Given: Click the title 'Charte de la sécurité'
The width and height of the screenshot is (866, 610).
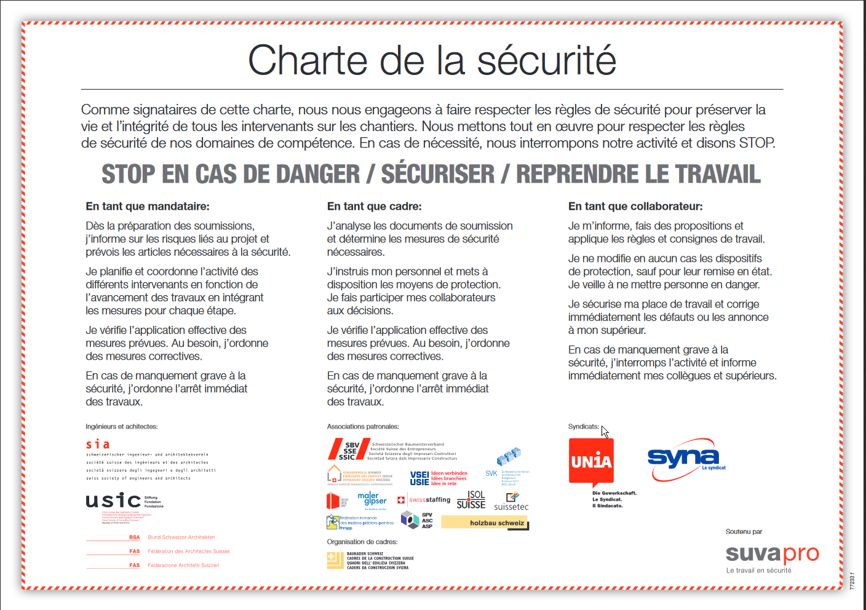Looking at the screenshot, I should (432, 60).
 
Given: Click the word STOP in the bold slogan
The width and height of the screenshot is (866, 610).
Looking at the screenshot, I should (128, 174).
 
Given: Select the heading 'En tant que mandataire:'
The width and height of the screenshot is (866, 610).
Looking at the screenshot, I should (148, 207).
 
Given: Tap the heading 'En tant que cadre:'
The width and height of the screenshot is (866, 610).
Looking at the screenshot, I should (374, 207).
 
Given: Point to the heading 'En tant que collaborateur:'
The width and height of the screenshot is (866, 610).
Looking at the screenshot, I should (635, 207).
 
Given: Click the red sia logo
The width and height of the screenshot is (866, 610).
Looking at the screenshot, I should (98, 444).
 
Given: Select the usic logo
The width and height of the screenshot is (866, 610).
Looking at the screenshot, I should (114, 501).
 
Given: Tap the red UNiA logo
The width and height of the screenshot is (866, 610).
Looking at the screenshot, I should (591, 461).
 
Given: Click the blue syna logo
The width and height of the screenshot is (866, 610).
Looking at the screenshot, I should (683, 458).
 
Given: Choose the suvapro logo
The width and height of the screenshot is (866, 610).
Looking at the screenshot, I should (772, 554).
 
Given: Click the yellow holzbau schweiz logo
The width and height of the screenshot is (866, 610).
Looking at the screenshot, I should (485, 523).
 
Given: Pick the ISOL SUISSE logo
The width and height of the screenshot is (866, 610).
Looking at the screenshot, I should (471, 500).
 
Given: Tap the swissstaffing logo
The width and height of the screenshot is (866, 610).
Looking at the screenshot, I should (424, 500).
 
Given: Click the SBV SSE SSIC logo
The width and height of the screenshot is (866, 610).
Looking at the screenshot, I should (349, 450).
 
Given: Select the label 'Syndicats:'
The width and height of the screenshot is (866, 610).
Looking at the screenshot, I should (583, 427).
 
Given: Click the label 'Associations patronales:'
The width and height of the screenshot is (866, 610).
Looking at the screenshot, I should (363, 427).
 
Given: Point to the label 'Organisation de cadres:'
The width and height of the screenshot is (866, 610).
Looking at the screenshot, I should (362, 542).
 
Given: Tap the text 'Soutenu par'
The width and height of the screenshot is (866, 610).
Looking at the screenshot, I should (744, 532).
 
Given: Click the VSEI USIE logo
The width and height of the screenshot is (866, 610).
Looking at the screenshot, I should (420, 478).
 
